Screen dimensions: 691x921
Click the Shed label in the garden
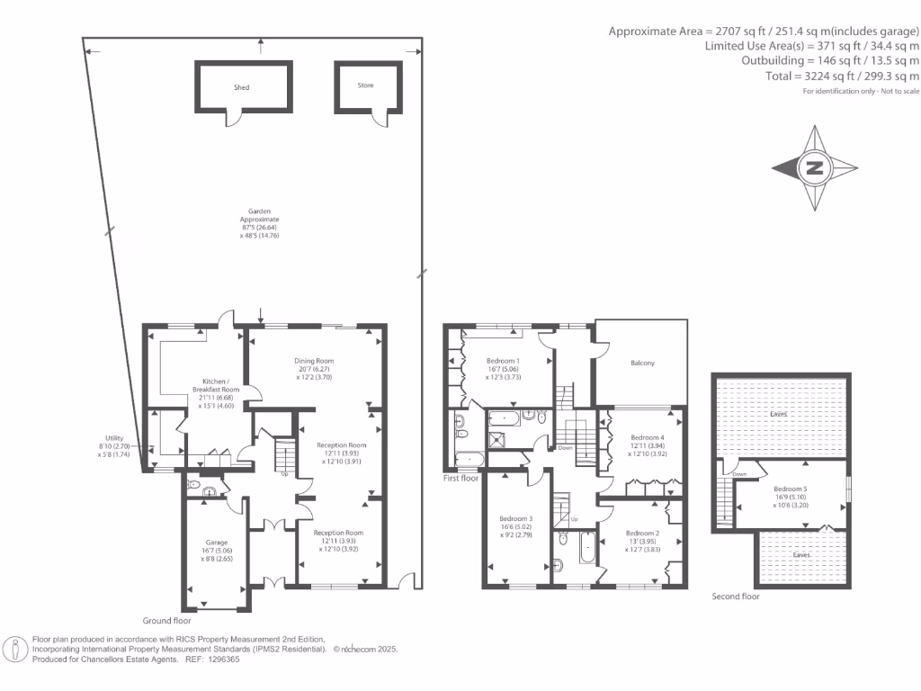click(x=242, y=87)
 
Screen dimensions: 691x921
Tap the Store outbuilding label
click(x=365, y=85)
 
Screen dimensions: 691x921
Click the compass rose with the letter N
click(x=814, y=168)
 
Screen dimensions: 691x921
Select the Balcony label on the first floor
click(x=642, y=363)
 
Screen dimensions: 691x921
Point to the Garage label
click(x=216, y=543)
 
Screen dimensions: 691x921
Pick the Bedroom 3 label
click(x=516, y=518)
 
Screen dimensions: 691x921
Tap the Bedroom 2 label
click(x=642, y=533)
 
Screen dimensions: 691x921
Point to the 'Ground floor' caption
click(x=167, y=621)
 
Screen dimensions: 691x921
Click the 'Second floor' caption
click(x=736, y=597)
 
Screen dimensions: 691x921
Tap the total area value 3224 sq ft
click(x=829, y=76)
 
